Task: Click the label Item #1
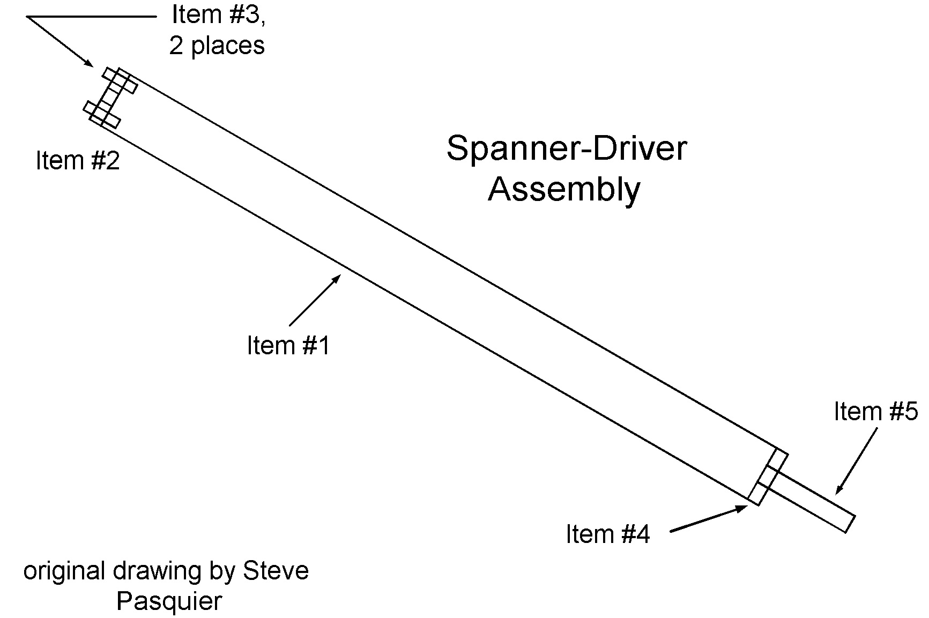pos(288,346)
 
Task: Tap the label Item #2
pos(78,160)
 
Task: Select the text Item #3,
pos(218,14)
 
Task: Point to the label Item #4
pos(607,534)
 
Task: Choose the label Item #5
pos(875,412)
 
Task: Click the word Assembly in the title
pos(564,189)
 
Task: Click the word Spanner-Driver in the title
pos(566,148)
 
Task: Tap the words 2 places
pos(217,46)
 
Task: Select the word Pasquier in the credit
pos(169,601)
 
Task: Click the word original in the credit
pos(64,571)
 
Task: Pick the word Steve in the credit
pos(276,571)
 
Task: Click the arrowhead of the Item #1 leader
pos(337,278)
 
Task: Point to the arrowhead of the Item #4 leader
pos(743,507)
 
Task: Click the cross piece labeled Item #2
pos(110,98)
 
